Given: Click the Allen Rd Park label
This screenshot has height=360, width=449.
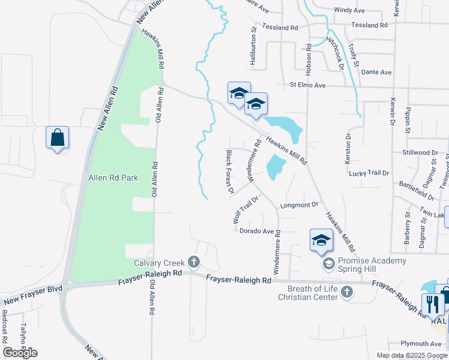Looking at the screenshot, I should [113, 178].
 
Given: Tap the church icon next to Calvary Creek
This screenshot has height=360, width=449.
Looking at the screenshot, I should [193, 262].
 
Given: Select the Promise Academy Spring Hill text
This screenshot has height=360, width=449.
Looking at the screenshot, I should [372, 265].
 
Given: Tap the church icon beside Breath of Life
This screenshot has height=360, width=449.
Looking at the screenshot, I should [346, 293].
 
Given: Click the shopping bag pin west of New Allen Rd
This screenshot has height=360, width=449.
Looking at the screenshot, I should [57, 138].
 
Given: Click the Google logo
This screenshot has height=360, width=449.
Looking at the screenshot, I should [20, 352].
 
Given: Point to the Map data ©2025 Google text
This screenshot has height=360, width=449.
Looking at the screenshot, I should [411, 355].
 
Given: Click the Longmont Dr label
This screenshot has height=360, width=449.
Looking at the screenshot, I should [299, 205].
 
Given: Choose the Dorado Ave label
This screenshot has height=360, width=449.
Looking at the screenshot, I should [256, 231].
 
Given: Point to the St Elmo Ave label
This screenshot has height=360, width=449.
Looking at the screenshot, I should [307, 86].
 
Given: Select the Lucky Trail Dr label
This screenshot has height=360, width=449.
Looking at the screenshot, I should [369, 173].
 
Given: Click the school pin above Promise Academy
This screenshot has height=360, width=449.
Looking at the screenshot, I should [321, 240].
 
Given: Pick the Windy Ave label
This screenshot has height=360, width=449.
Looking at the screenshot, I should [349, 10].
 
